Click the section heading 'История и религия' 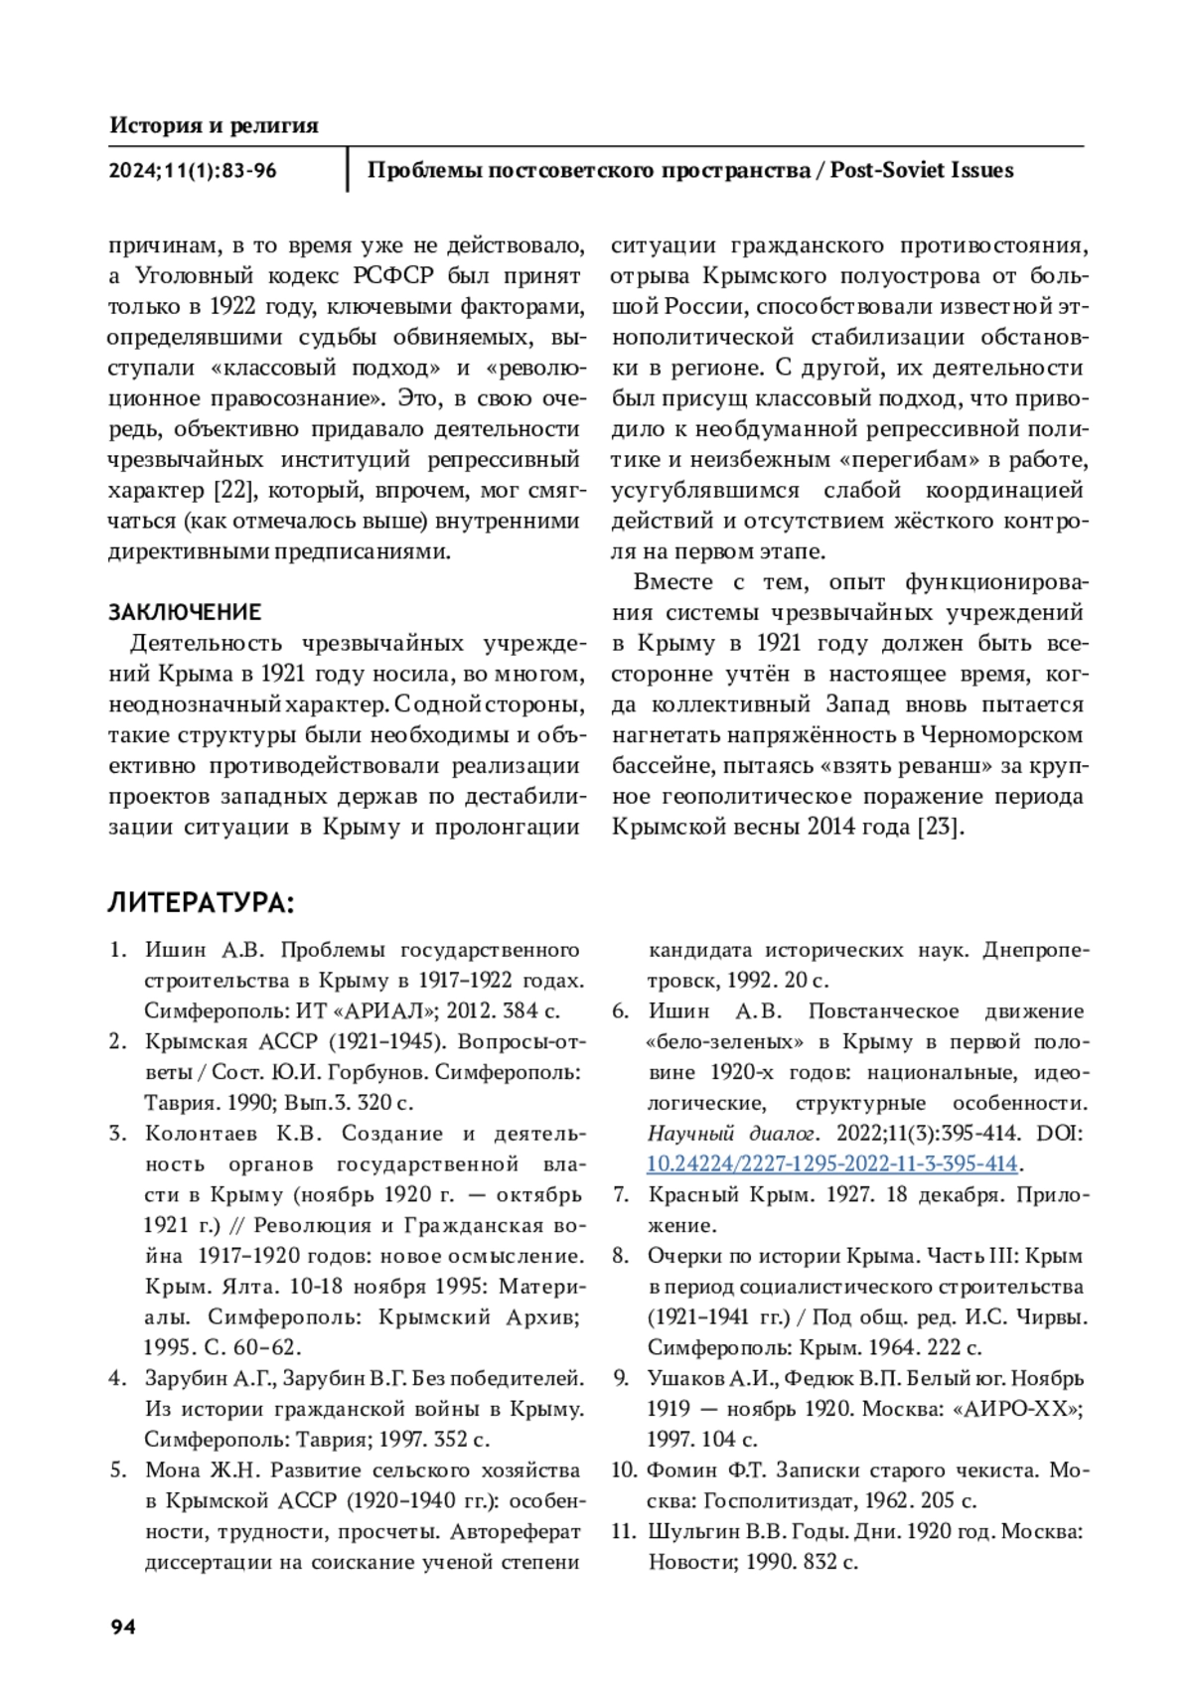[214, 125]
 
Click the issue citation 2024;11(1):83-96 [193, 170]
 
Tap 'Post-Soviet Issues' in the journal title [922, 170]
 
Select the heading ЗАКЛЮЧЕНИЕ [185, 611]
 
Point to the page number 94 [123, 1626]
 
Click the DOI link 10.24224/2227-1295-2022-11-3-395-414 [832, 1163]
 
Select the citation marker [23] [939, 827]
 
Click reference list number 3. [117, 1134]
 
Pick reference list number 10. [623, 1470]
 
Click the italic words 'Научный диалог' [732, 1134]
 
